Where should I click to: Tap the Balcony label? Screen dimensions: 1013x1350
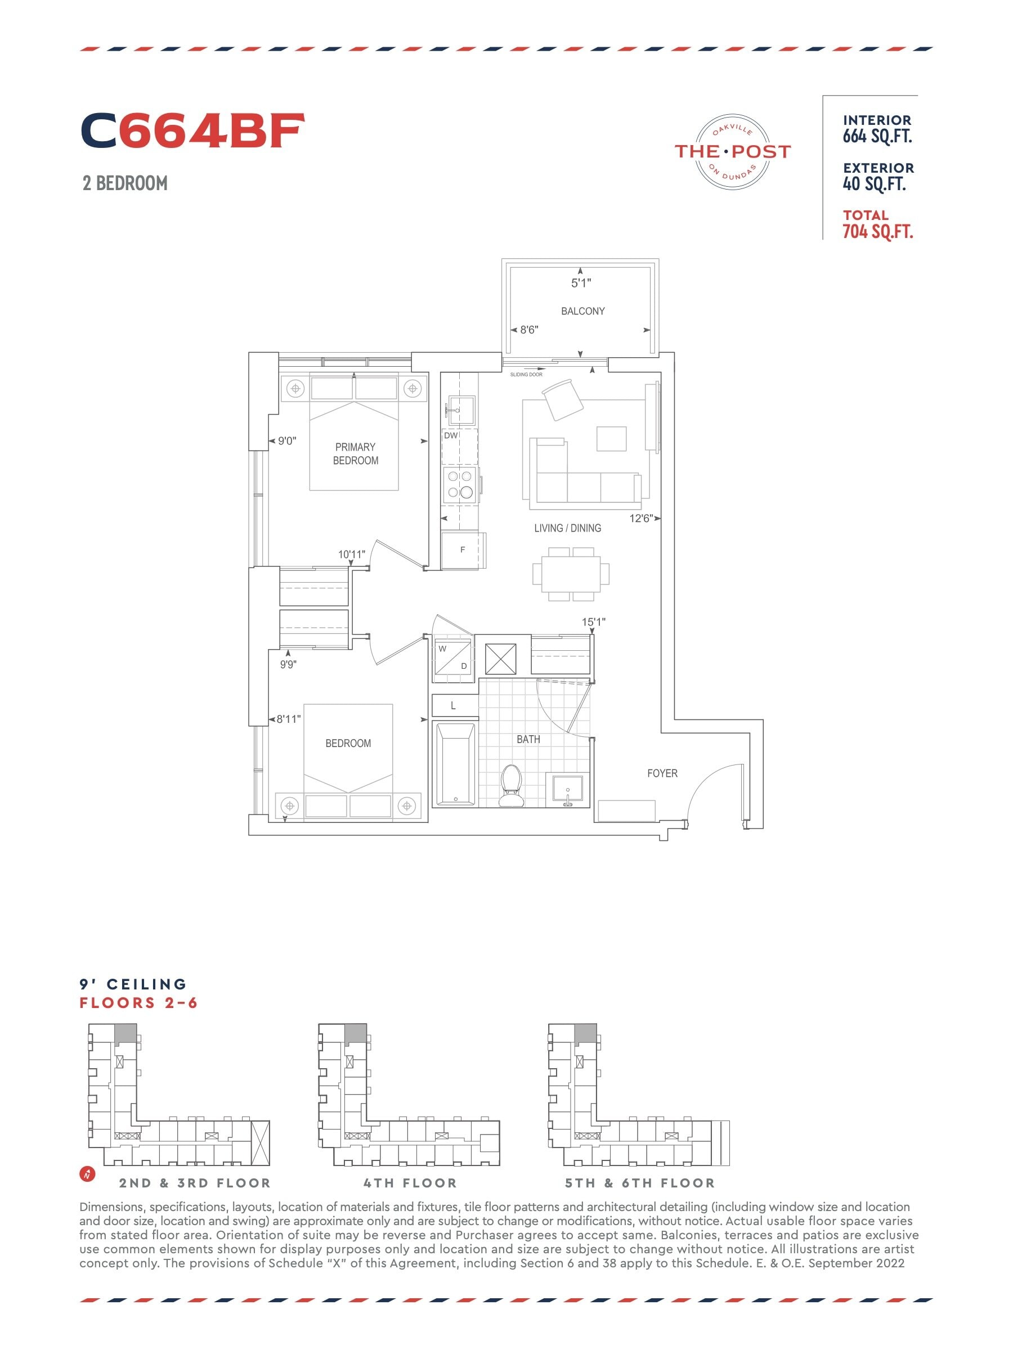[x=582, y=310]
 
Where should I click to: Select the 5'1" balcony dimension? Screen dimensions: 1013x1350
[x=581, y=282]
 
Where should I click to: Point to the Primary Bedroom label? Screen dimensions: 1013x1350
[x=355, y=453]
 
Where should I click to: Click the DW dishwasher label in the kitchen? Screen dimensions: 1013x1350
[x=451, y=435]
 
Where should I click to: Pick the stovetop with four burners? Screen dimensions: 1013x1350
[x=460, y=484]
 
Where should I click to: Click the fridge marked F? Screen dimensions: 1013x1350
[x=464, y=550]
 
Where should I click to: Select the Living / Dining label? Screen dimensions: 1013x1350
[x=567, y=528]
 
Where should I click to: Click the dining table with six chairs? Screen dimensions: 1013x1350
[x=570, y=574]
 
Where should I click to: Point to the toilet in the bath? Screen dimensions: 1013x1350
[x=510, y=785]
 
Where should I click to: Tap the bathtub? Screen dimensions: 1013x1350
[x=455, y=764]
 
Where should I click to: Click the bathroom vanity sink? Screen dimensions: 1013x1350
[x=568, y=790]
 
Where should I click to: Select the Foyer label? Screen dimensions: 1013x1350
[x=662, y=773]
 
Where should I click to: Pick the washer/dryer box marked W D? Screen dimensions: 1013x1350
[x=453, y=659]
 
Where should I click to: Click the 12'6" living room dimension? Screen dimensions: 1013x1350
[x=641, y=518]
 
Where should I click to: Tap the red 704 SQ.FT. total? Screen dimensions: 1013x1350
[x=877, y=231]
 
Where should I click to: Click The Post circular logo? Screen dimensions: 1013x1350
[x=733, y=151]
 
